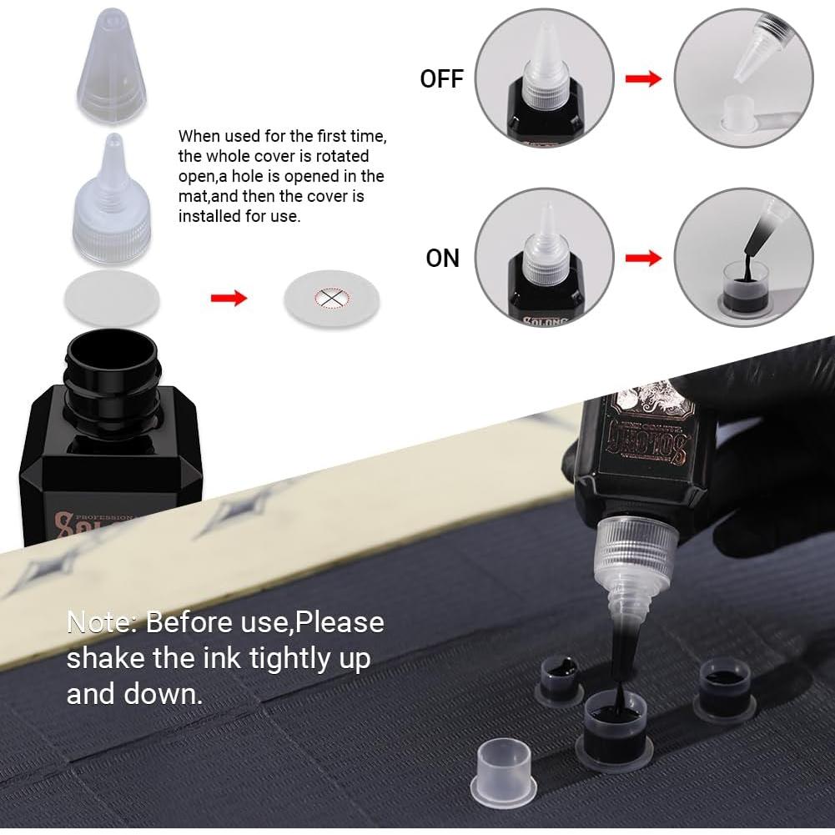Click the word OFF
pyautogui.click(x=441, y=79)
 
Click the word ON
pyautogui.click(x=442, y=258)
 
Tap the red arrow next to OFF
pyautogui.click(x=643, y=78)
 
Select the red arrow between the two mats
pyautogui.click(x=229, y=298)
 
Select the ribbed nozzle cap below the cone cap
pyautogui.click(x=111, y=209)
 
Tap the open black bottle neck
pyautogui.click(x=111, y=355)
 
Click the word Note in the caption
pyautogui.click(x=100, y=622)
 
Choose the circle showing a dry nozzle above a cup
pyautogui.click(x=742, y=78)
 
